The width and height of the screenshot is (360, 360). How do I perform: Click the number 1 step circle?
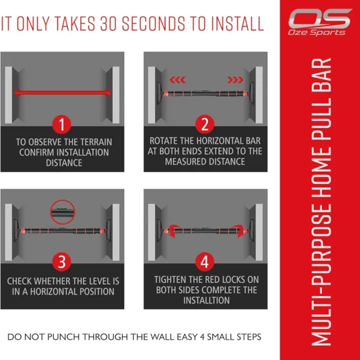62,124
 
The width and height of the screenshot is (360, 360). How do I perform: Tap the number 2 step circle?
205,124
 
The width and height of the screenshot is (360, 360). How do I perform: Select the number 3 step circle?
62,262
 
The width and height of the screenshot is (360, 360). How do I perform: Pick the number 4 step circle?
205,262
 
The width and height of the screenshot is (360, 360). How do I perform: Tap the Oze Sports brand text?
317,32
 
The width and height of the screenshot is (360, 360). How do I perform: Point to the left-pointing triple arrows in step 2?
178,80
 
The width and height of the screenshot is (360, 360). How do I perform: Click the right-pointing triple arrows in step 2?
235,80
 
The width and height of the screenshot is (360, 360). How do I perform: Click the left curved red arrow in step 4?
173,231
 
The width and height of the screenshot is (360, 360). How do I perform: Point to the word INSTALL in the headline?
237,23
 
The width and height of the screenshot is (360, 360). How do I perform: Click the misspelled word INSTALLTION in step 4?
206,301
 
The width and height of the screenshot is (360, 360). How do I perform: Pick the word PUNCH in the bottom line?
67,337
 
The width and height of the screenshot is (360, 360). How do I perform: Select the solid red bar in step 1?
62,92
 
